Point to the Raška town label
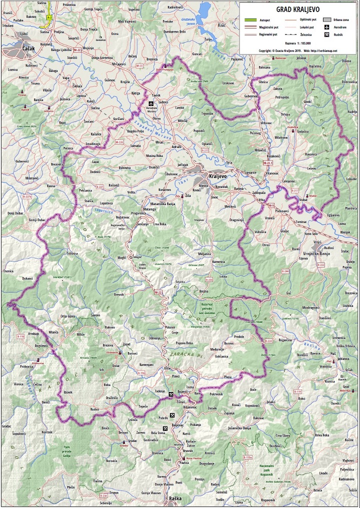175,498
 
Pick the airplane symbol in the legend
326,27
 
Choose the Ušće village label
167,368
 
